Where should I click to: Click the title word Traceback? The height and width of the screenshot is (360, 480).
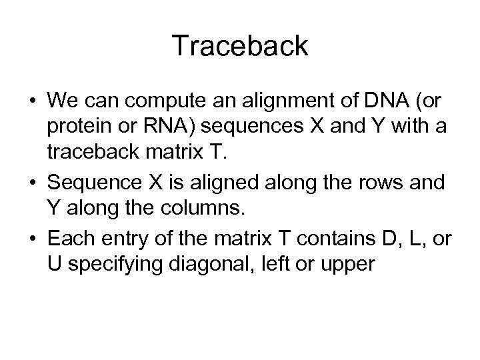[240, 46]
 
